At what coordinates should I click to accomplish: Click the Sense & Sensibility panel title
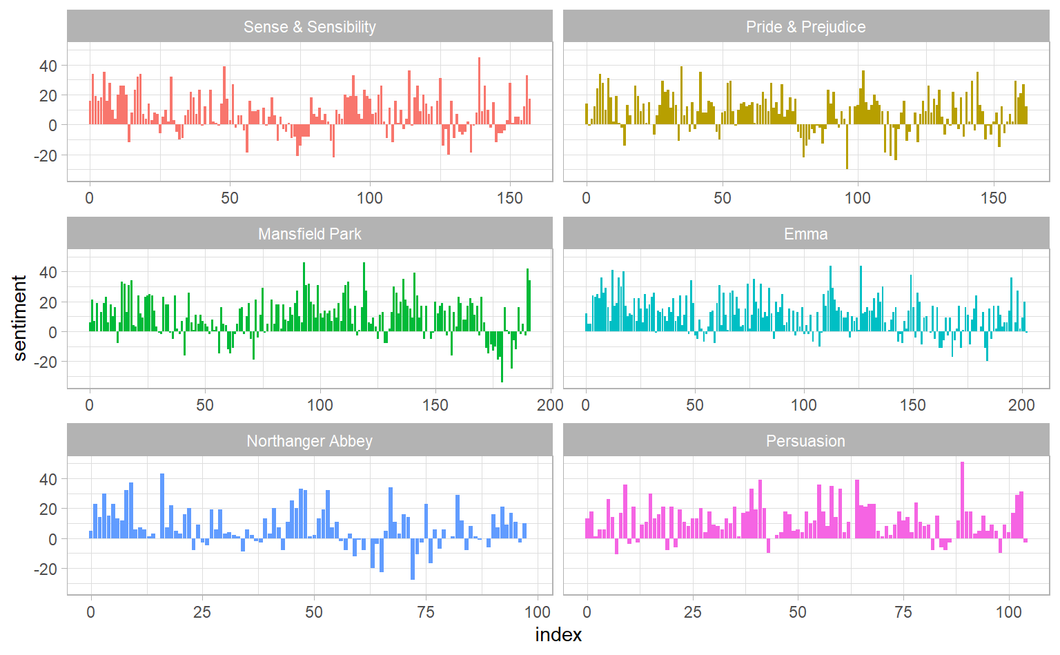click(x=309, y=27)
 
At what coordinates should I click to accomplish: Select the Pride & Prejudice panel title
click(x=805, y=27)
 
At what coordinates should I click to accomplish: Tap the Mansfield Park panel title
click(x=309, y=234)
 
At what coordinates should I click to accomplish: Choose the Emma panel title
click(x=805, y=234)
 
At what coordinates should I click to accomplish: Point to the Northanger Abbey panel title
click(x=309, y=441)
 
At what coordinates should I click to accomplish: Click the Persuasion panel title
click(x=805, y=441)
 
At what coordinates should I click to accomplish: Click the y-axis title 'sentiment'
click(x=19, y=317)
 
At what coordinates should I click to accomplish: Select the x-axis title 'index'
click(x=558, y=635)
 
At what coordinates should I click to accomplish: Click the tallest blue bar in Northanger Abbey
click(x=162, y=505)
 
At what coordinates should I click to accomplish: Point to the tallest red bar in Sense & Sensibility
click(x=479, y=90)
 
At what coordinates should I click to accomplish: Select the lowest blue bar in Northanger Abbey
click(x=413, y=558)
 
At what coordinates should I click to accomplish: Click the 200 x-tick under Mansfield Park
click(x=550, y=405)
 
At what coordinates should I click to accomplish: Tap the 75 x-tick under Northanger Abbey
click(x=426, y=612)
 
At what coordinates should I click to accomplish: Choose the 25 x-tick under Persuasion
click(x=692, y=612)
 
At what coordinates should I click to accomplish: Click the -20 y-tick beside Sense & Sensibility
click(x=46, y=155)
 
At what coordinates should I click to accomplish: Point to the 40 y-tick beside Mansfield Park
click(x=48, y=272)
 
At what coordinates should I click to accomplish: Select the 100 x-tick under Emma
click(x=803, y=405)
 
